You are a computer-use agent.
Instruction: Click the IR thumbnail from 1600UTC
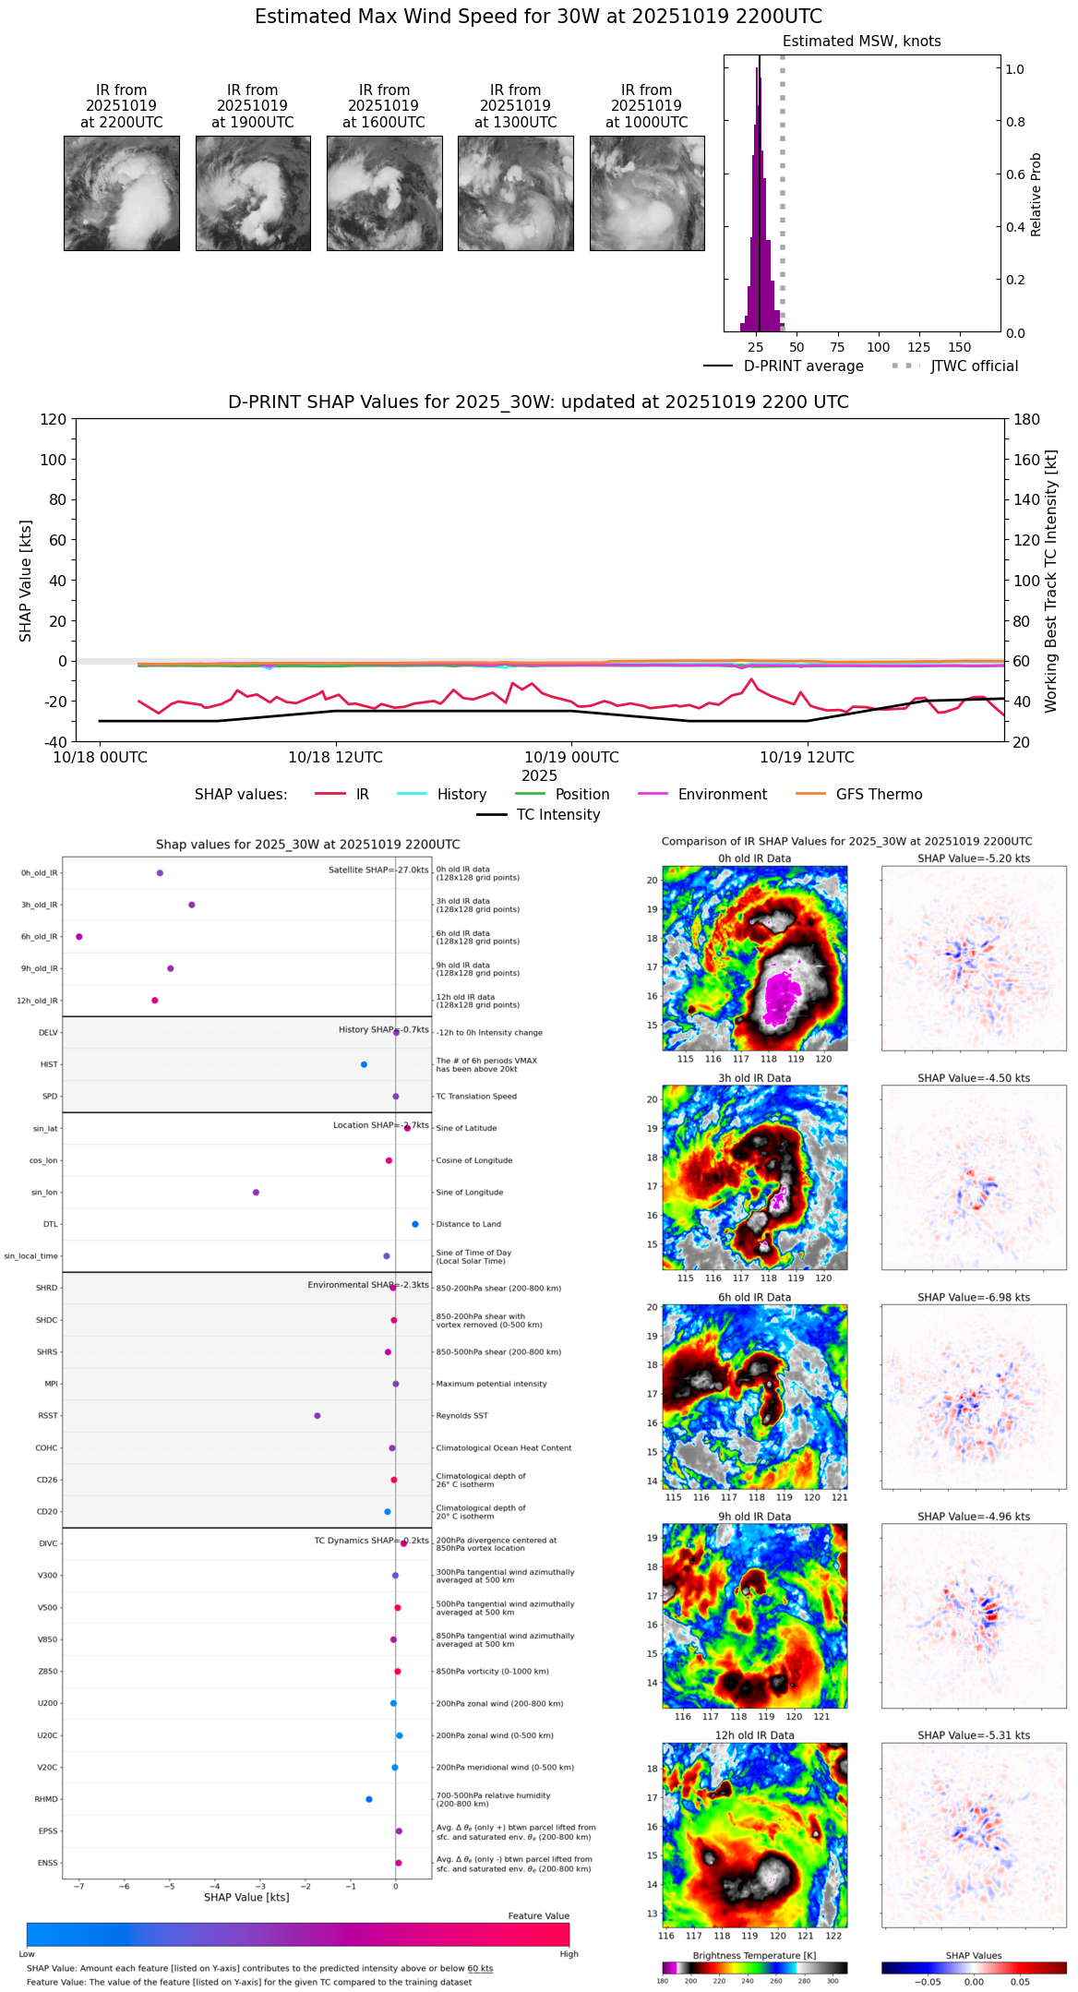tap(384, 193)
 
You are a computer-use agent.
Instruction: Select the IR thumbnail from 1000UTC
tap(647, 193)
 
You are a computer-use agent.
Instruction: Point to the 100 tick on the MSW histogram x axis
tap(878, 347)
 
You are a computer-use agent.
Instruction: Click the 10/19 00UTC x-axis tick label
tap(571, 758)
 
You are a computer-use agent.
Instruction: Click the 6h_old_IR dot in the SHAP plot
tap(79, 937)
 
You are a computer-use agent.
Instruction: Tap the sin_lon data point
tap(256, 1193)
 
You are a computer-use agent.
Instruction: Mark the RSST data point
tap(317, 1416)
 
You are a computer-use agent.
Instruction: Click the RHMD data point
tap(369, 1799)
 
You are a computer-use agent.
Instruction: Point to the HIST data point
tap(364, 1064)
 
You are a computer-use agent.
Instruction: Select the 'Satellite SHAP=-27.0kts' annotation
tap(378, 870)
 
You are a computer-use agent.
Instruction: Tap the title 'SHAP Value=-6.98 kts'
tap(973, 1298)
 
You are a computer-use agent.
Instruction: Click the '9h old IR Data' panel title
tap(754, 1517)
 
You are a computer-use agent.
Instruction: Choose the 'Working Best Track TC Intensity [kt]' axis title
tap(1051, 582)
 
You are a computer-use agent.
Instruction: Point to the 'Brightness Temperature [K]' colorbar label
tap(754, 1956)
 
